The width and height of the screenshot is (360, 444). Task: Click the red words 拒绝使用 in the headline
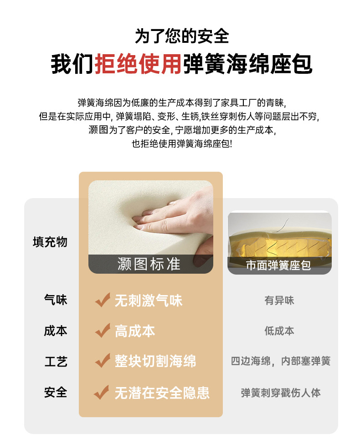[x=138, y=64]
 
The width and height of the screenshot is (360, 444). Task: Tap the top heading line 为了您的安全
[x=182, y=36]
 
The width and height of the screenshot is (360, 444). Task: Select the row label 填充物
[x=50, y=242]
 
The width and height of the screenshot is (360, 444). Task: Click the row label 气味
[x=56, y=300]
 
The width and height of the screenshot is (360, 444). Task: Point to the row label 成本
[x=56, y=331]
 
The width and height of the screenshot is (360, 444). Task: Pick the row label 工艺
[x=56, y=362]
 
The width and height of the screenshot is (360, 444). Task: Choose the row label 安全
[x=56, y=393]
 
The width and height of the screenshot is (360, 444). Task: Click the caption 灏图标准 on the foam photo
[x=149, y=264]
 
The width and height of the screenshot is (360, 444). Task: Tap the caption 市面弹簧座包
[x=278, y=265]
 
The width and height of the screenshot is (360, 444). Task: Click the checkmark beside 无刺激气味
[x=103, y=300]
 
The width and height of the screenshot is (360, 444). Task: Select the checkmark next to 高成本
[x=103, y=331]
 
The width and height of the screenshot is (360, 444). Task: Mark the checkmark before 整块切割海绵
[x=103, y=361]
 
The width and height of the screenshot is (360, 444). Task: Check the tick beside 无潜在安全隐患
[x=102, y=393]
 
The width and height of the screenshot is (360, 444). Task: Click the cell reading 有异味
[x=279, y=300]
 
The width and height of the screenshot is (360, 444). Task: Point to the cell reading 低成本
[x=279, y=331]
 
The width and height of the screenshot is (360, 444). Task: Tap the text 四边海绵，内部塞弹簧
[x=281, y=361]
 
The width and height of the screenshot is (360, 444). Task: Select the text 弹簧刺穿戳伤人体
[x=281, y=393]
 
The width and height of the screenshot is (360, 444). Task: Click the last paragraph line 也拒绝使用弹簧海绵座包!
[x=182, y=143]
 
